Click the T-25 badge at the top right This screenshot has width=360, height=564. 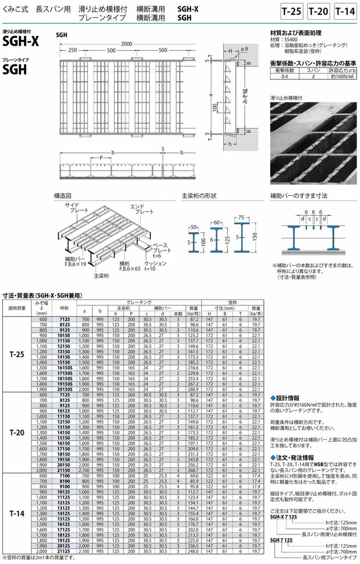coord(291,11)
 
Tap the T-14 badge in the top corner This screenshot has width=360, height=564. coord(344,11)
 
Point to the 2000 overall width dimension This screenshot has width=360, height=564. coord(126,44)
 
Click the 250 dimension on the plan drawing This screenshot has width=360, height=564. coord(72,50)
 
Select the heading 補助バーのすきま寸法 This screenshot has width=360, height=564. coord(298,195)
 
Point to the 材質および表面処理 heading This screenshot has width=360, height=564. coord(296,33)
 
